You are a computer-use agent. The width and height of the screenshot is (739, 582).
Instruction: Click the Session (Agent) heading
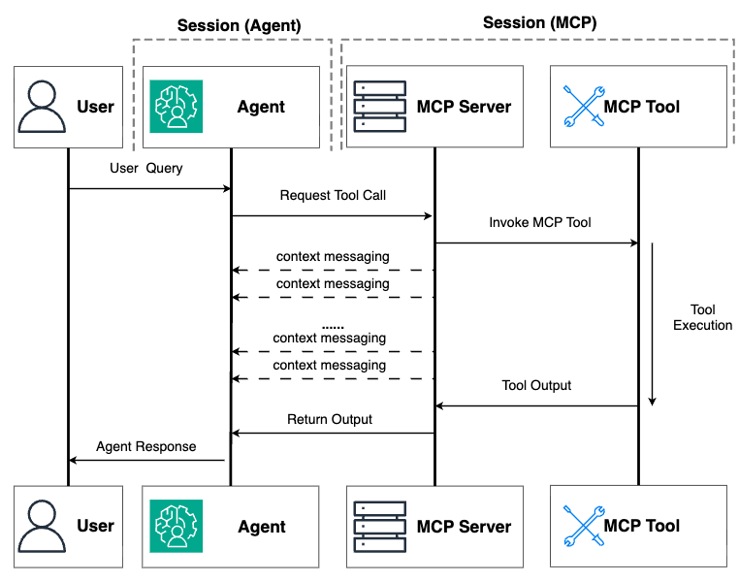240,24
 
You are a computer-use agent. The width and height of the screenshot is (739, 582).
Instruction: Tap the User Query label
145,168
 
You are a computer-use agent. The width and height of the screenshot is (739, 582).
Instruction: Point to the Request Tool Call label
333,195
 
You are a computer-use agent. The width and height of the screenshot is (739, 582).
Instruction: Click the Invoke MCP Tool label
540,222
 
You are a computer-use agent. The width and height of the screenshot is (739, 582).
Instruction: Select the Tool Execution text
702,316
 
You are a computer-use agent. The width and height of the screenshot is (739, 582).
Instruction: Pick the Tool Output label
536,385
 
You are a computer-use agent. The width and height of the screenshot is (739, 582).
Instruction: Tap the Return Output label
330,419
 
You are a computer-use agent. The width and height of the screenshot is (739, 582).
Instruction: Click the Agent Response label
145,446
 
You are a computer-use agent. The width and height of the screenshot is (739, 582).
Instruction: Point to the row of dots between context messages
332,326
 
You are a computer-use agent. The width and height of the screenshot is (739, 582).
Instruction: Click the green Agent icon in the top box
176,106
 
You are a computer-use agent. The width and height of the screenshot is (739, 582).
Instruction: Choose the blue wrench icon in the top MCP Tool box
584,106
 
